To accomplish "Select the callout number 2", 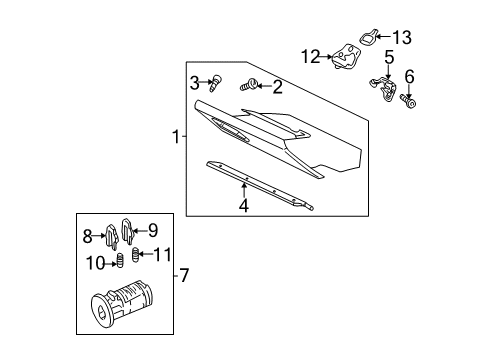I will pos(277,87).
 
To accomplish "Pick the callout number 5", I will pos(388,59).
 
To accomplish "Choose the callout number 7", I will pos(183,275).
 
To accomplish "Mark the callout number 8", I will pos(87,236).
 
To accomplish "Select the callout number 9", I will pos(153,229).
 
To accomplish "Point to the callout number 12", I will pos(310,56).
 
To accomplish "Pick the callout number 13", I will pos(401,37).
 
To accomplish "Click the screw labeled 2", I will pos(252,86).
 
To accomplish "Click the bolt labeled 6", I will pos(410,100).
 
